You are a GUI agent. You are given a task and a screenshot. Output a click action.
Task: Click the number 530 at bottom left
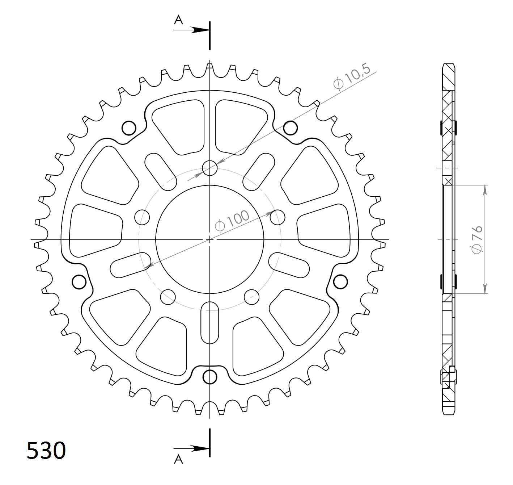46,450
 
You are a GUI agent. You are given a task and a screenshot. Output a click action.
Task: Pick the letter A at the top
178,20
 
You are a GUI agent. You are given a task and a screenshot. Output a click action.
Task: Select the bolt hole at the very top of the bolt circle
210,168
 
